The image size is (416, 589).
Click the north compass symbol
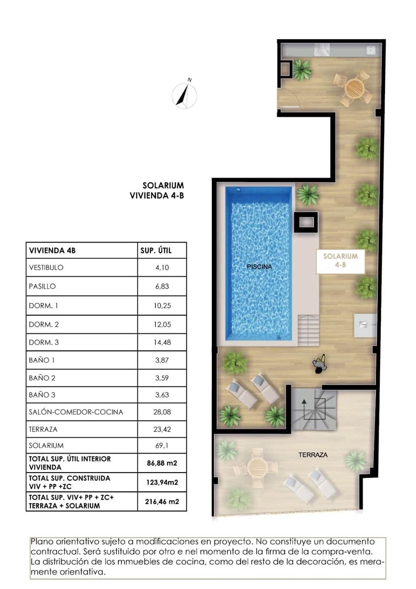[x=185, y=95]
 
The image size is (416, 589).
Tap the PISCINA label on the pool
[x=260, y=267]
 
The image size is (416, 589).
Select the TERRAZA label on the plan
[x=313, y=455]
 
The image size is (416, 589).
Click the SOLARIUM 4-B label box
[x=340, y=260]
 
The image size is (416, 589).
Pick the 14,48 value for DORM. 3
[x=161, y=342]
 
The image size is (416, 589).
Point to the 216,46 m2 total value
[x=161, y=502]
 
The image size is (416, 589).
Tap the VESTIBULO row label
[x=46, y=268]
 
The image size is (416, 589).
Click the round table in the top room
[x=354, y=89]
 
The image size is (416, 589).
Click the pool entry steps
[x=308, y=326]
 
